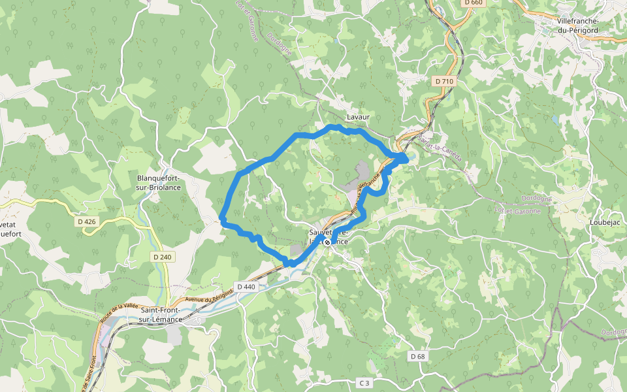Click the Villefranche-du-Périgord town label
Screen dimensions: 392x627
click(x=578, y=25)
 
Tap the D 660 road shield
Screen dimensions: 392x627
click(x=474, y=3)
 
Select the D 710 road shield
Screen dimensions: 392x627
click(x=443, y=81)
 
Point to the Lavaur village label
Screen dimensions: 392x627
click(x=358, y=117)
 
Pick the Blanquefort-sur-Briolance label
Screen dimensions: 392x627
click(x=159, y=182)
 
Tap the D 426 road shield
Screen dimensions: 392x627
click(x=87, y=221)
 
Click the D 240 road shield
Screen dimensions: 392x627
click(x=163, y=257)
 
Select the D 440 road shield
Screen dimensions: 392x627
click(x=246, y=287)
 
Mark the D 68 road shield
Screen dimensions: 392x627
click(x=418, y=356)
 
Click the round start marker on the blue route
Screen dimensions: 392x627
click(x=327, y=242)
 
